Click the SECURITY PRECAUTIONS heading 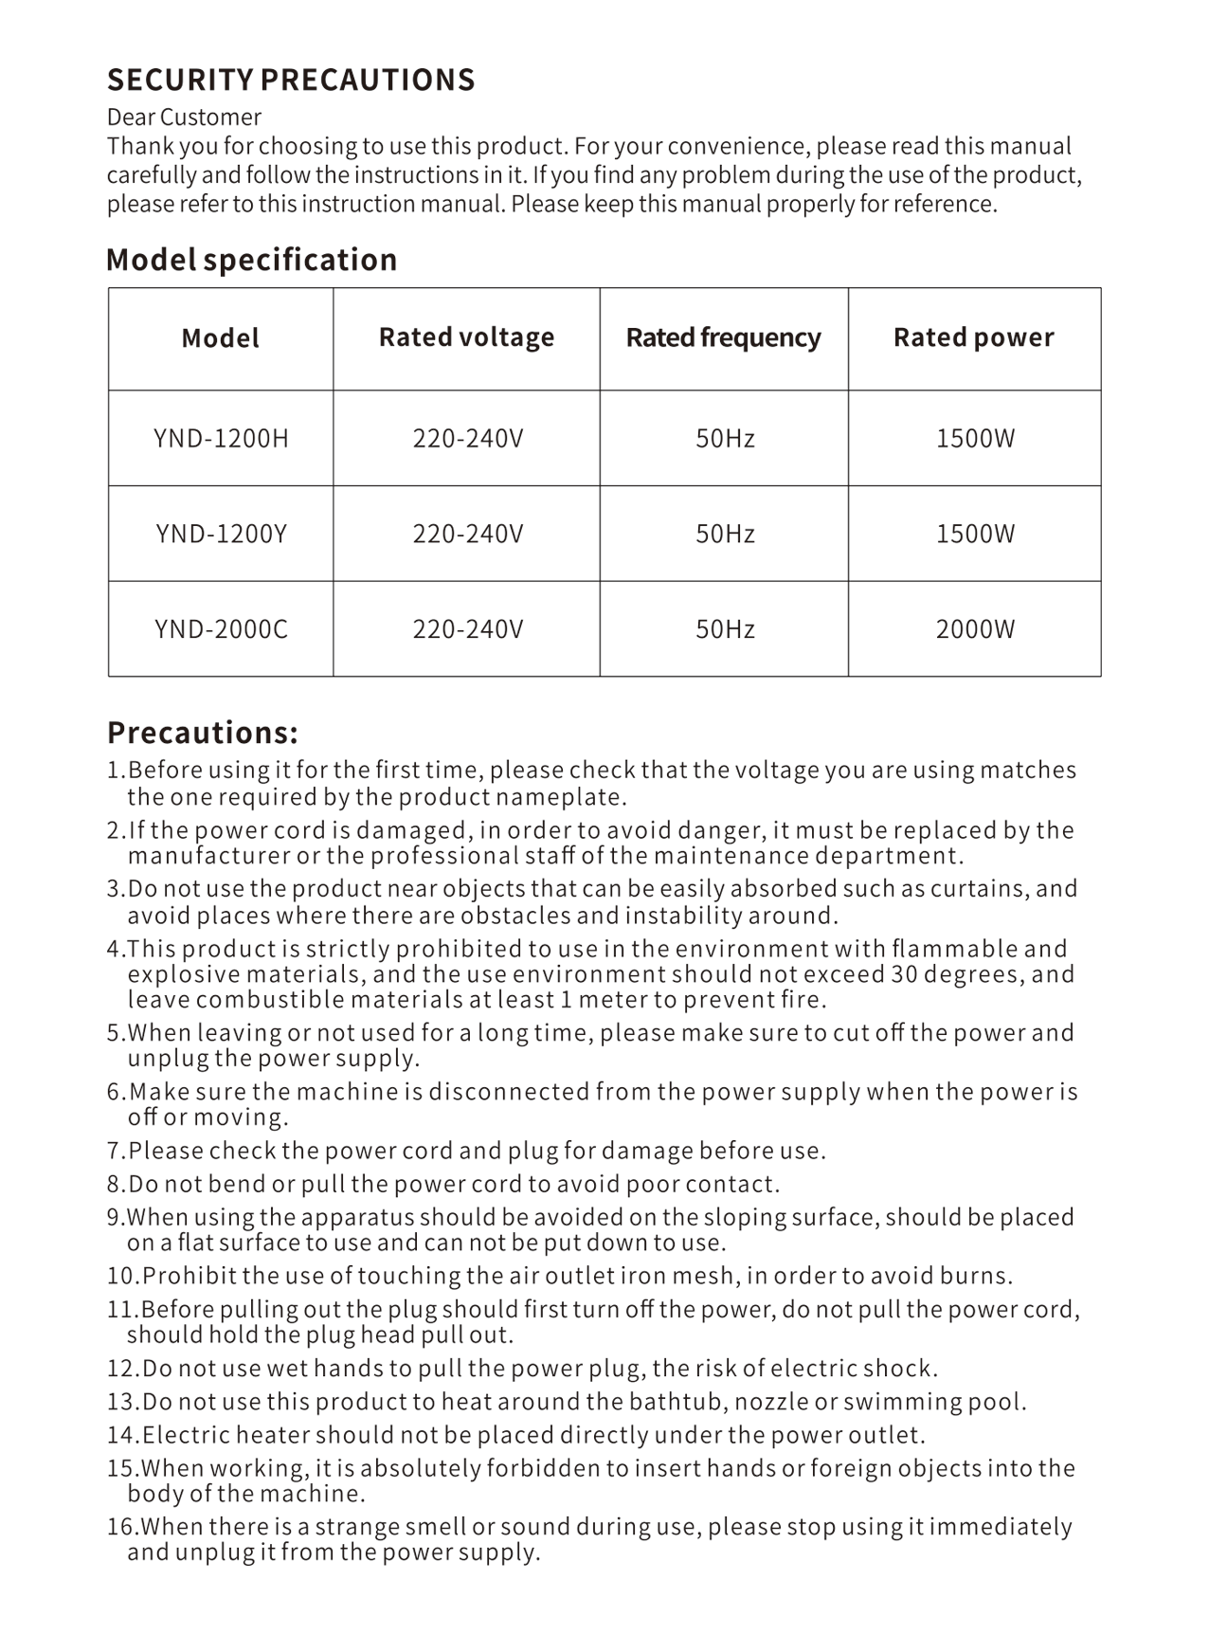pos(291,80)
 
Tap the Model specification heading pos(251,260)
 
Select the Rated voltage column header pos(466,337)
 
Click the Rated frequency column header pos(723,337)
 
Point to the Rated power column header pos(973,337)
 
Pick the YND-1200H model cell pos(221,439)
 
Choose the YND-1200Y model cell pos(221,534)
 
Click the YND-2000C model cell pos(221,629)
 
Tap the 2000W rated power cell pos(975,629)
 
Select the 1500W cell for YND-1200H pos(975,439)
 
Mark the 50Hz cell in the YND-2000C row pos(725,629)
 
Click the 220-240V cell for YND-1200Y pos(467,534)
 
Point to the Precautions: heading pos(203,733)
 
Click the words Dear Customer pos(184,118)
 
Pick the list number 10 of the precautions pos(121,1276)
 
